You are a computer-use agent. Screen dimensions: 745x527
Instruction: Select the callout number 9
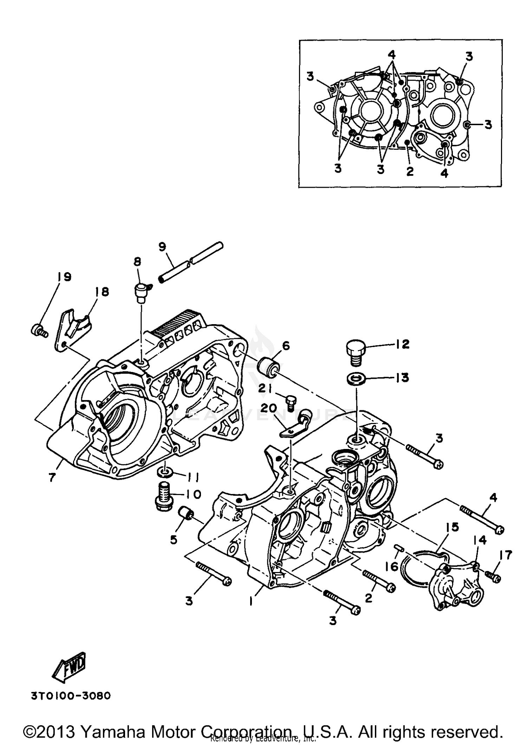pos(162,247)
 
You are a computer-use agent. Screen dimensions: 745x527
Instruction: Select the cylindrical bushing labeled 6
pos(269,367)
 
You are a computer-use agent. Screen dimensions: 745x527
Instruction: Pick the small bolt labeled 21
pos(290,402)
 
